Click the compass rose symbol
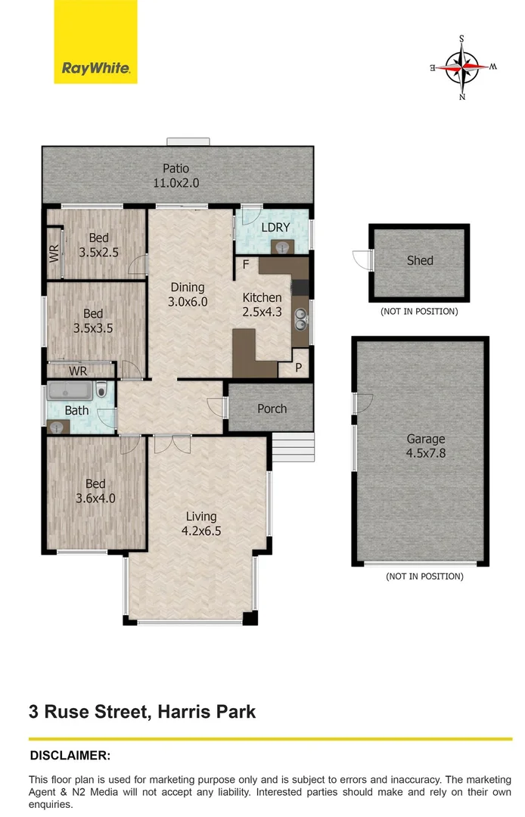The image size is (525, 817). coord(464,67)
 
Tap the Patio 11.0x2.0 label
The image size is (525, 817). coord(176,176)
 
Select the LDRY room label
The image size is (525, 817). coord(272,227)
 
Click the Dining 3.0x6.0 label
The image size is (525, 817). coord(187,294)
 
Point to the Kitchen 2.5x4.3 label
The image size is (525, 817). coord(262,304)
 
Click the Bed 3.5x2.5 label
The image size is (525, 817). coord(98,245)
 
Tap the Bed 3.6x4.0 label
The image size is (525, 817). coord(95,491)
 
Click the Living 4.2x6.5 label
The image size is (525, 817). coord(200,523)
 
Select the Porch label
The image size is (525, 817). coord(272,408)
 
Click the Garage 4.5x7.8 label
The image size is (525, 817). coord(426,446)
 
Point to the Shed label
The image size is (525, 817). coord(420,260)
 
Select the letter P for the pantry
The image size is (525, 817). coord(298,368)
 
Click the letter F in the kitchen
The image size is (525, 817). coord(246,265)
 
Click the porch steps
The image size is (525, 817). coord(291,448)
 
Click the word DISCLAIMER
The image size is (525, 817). coord(70,755)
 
